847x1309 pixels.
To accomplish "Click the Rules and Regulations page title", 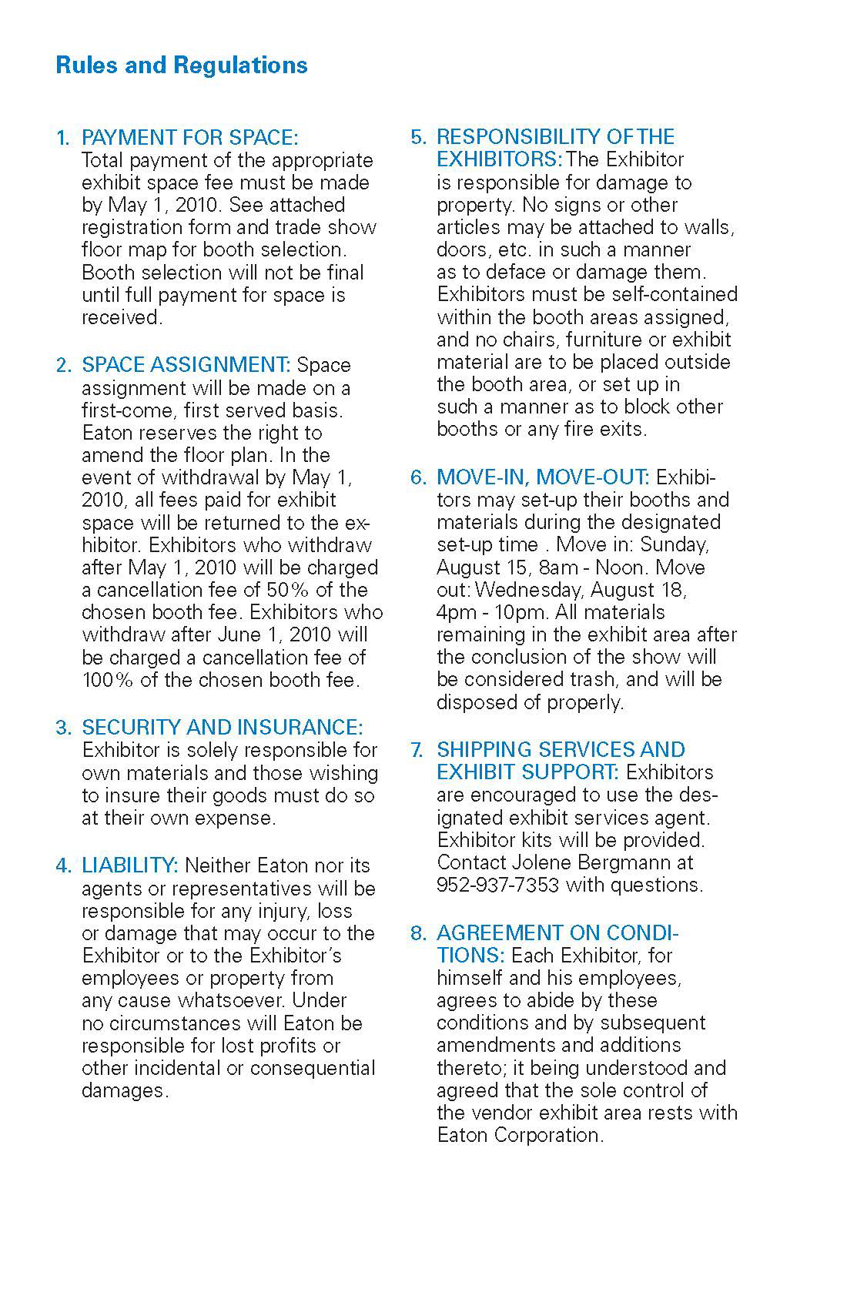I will pos(182,65).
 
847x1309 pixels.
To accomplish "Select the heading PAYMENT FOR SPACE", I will pos(189,138).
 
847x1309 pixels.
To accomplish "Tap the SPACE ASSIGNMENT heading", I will pos(186,364).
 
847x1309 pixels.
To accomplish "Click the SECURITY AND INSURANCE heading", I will pos(222,727).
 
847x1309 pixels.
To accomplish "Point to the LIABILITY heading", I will pos(129,865).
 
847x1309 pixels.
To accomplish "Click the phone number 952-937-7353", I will pos(497,885).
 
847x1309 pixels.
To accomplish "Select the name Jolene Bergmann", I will pos(605,862).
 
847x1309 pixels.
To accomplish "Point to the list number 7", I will pos(417,749).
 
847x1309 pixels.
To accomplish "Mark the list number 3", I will pos(63,728).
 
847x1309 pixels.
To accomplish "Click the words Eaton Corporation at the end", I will pos(519,1135).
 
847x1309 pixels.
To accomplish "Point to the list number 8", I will pos(417,933).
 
